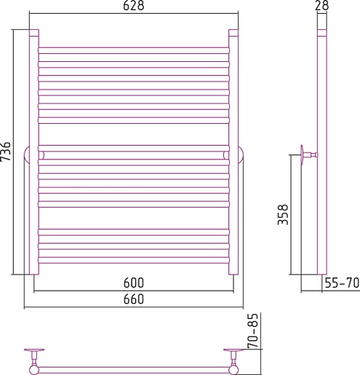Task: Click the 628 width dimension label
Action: click(x=134, y=6)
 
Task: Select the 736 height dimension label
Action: click(x=6, y=151)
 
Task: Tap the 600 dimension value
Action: click(x=134, y=283)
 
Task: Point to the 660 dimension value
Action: click(x=134, y=299)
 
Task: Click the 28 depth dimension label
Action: click(x=322, y=6)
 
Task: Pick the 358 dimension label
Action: click(x=283, y=215)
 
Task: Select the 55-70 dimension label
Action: click(x=342, y=283)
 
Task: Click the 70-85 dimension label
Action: click(x=253, y=331)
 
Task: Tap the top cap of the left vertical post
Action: click(x=34, y=33)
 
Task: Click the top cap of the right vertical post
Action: click(x=233, y=33)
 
